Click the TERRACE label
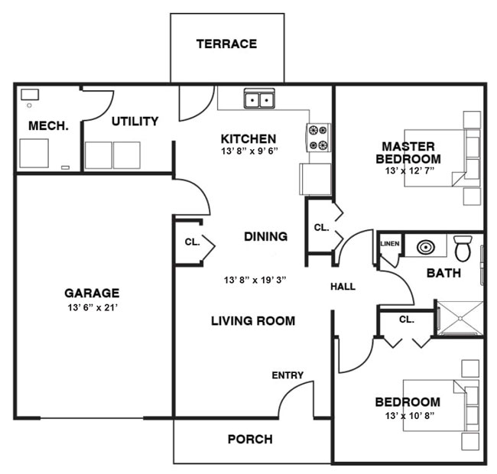click(226, 44)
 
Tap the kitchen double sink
click(259, 99)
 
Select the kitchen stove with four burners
click(318, 138)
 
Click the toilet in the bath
click(463, 248)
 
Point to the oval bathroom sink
click(426, 247)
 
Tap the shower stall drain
click(460, 318)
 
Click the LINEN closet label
click(390, 244)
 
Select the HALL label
click(343, 287)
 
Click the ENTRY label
click(287, 375)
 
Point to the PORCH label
click(250, 439)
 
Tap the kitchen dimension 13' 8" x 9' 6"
click(249, 151)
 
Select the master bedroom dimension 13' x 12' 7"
click(410, 170)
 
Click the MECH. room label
click(48, 126)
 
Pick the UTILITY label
click(135, 122)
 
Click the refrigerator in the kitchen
click(315, 179)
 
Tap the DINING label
click(266, 236)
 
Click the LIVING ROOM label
click(253, 321)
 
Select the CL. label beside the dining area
click(193, 242)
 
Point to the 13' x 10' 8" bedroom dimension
click(410, 415)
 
